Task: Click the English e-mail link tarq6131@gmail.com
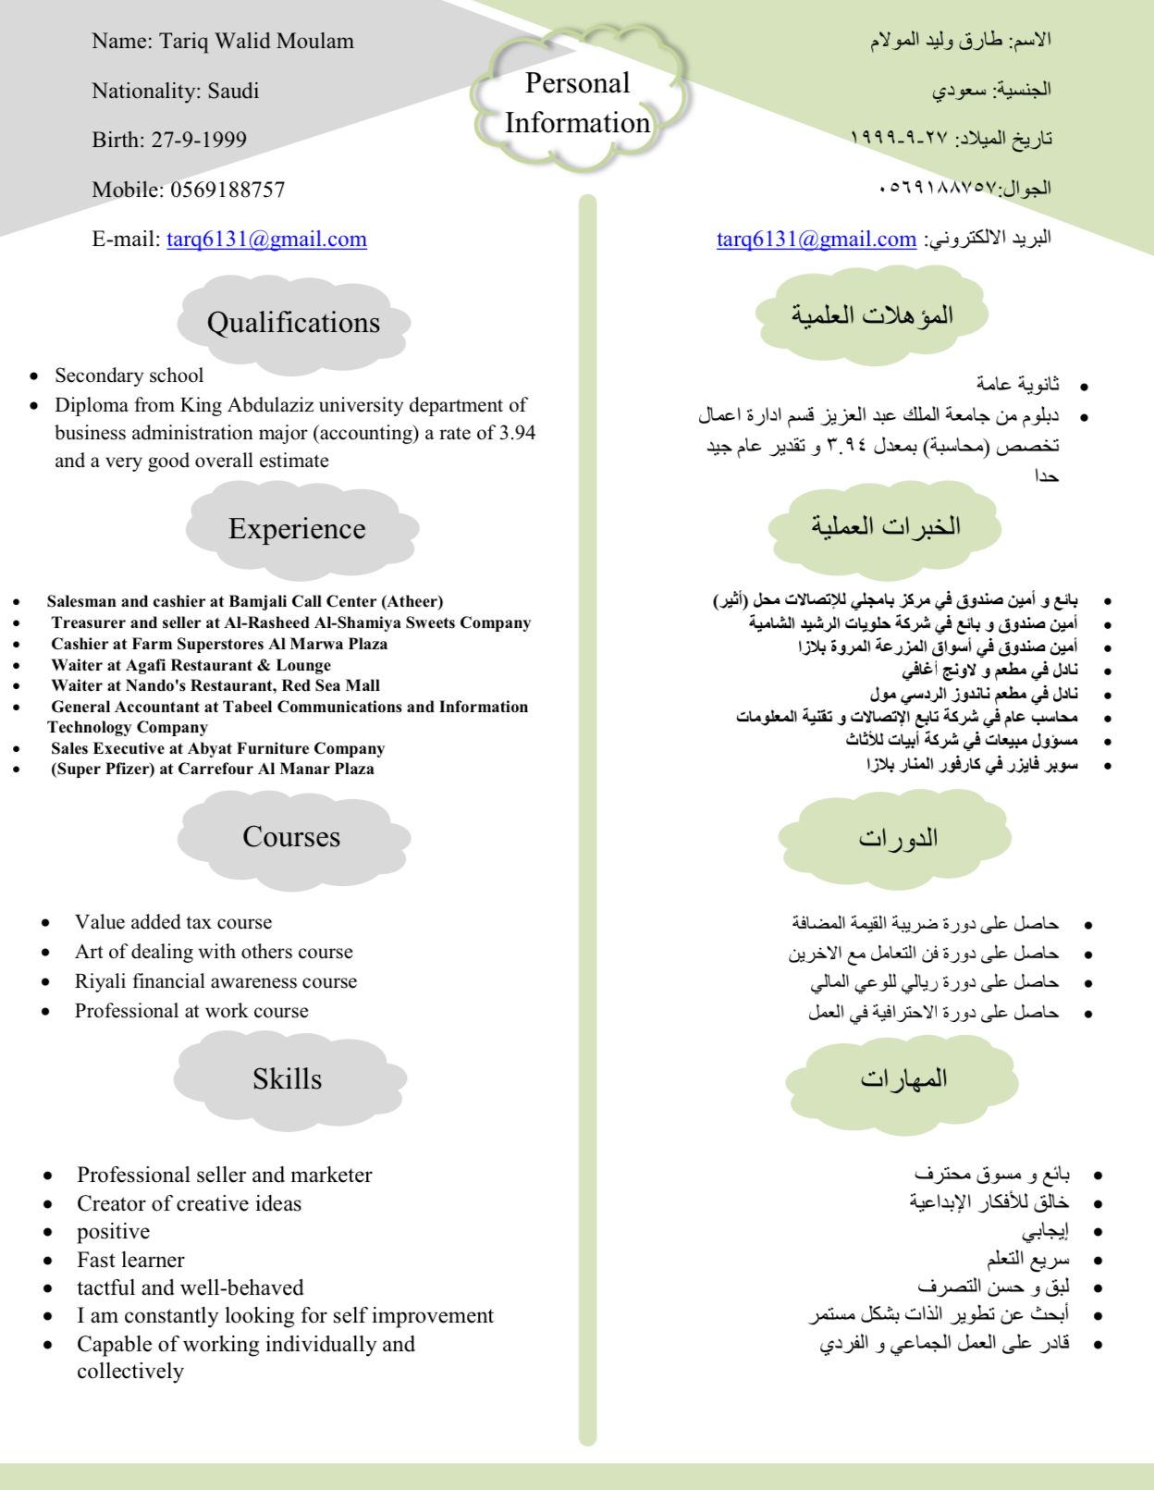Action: pyautogui.click(x=266, y=240)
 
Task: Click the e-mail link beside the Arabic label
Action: pyautogui.click(x=816, y=240)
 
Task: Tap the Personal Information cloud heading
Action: pyautogui.click(x=578, y=103)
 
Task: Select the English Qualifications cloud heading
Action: pyautogui.click(x=293, y=323)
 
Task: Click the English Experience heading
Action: pyautogui.click(x=297, y=528)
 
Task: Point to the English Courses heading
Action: pyautogui.click(x=291, y=836)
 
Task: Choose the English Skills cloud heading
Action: pyautogui.click(x=288, y=1078)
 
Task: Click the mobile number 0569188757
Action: pyautogui.click(x=227, y=190)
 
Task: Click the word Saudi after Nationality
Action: pyautogui.click(x=233, y=91)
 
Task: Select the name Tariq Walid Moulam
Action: pyautogui.click(x=256, y=41)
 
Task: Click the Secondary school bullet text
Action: pyautogui.click(x=129, y=376)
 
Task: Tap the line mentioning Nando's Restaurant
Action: pyautogui.click(x=215, y=685)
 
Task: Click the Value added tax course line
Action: pyautogui.click(x=174, y=922)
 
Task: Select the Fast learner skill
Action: pyautogui.click(x=130, y=1260)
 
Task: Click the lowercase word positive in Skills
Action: pyautogui.click(x=113, y=1231)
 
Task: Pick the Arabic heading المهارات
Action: pyautogui.click(x=903, y=1078)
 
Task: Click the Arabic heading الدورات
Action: pyautogui.click(x=898, y=838)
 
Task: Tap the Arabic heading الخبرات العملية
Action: pyautogui.click(x=886, y=526)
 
